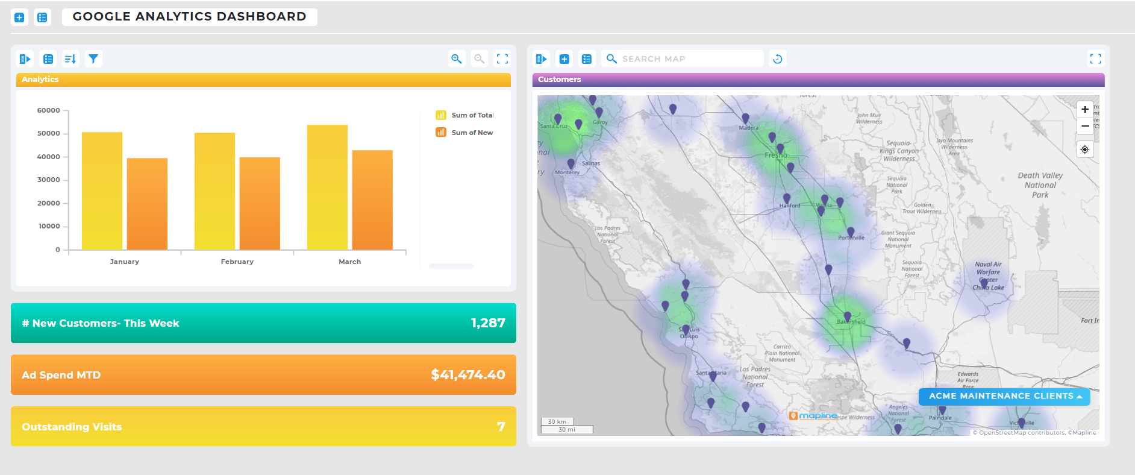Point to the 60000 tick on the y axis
tap(49, 110)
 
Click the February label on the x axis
tap(237, 262)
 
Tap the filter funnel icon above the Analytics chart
tap(93, 59)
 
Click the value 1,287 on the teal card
tap(488, 323)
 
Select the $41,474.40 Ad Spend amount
tap(467, 375)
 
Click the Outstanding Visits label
tap(72, 427)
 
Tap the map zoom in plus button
tap(1084, 110)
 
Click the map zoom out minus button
tap(1084, 126)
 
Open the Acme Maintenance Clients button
tap(1004, 396)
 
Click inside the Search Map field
tap(687, 59)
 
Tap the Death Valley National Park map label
tap(1040, 185)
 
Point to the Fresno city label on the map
tap(775, 156)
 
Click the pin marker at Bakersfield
tap(847, 316)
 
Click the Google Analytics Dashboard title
tap(189, 17)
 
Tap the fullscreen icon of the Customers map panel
tap(1095, 59)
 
